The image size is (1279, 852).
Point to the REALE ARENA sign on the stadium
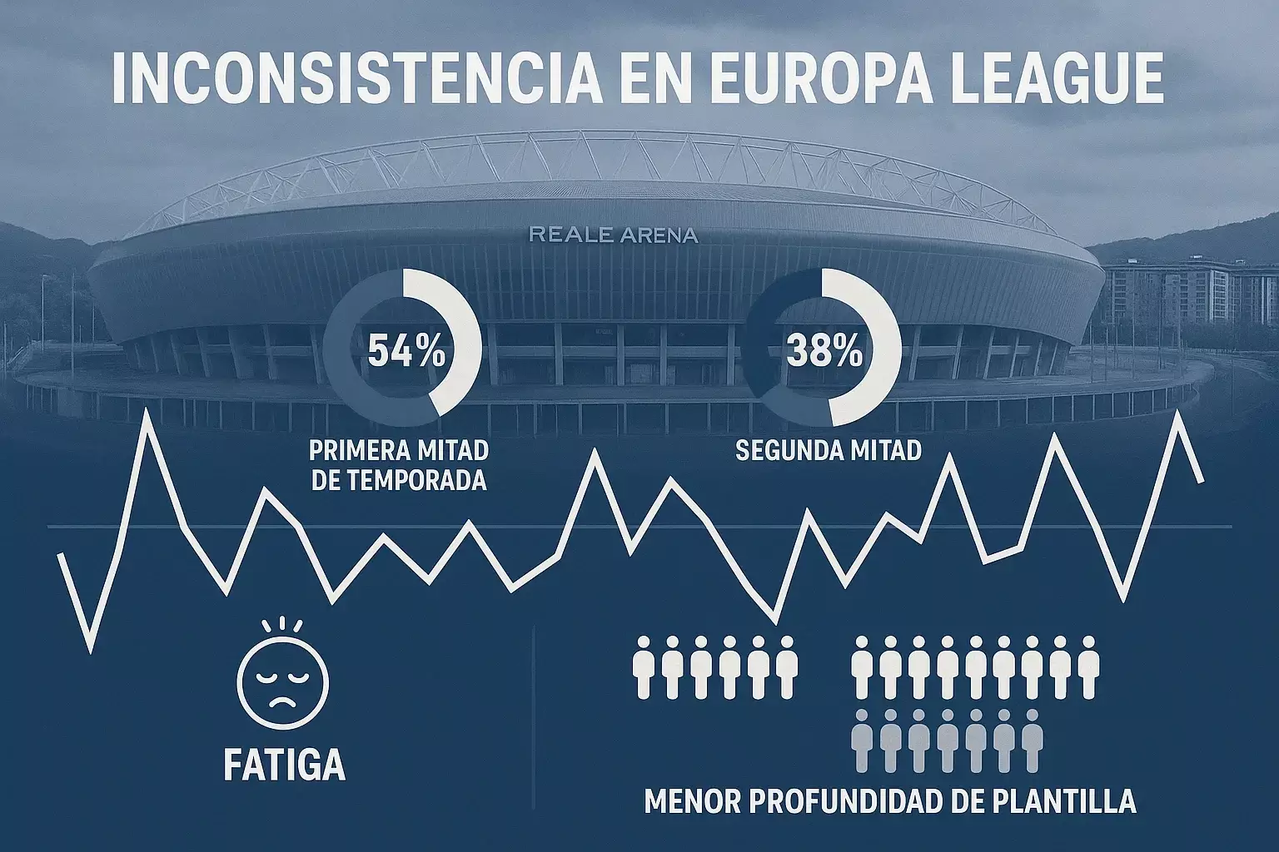tap(613, 235)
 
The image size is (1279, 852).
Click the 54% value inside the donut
tap(406, 352)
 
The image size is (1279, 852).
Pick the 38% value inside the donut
tap(824, 352)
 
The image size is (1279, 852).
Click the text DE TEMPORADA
tap(398, 480)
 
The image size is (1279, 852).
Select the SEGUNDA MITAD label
tap(829, 451)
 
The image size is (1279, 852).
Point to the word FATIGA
tap(284, 764)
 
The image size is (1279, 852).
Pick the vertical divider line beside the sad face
tap(533, 716)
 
